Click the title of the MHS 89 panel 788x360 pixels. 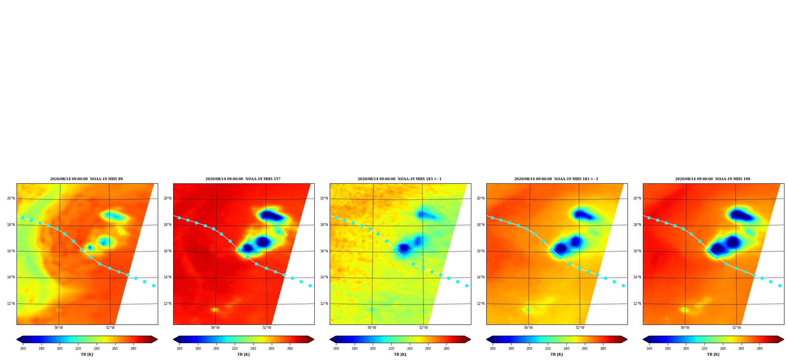[x=86, y=179]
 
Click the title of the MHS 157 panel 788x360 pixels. [x=243, y=179]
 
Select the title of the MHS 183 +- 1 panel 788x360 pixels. [x=400, y=179]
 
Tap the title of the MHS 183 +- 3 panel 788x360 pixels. [x=556, y=179]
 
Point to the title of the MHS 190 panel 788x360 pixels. [x=713, y=179]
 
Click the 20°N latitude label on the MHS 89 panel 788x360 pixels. [x=11, y=198]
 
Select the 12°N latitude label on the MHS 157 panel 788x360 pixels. [x=168, y=304]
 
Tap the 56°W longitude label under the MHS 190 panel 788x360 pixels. [x=685, y=328]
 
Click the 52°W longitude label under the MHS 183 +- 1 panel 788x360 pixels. [x=424, y=328]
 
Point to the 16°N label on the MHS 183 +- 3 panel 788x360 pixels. [x=481, y=251]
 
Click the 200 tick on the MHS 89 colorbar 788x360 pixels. [x=60, y=349]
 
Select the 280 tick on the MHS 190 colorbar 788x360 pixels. [x=760, y=349]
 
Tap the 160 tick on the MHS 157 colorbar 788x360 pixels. [x=179, y=349]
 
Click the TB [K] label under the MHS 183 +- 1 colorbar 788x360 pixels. [x=400, y=354]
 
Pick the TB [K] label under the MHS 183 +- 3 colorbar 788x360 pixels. [x=556, y=354]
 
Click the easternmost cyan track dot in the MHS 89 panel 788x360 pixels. [x=153, y=285]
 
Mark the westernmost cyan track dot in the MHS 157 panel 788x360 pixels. [x=179, y=218]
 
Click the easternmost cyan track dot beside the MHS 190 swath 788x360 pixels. [x=780, y=285]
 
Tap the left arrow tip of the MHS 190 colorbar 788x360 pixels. [x=643, y=339]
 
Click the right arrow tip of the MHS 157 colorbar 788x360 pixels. [x=314, y=339]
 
